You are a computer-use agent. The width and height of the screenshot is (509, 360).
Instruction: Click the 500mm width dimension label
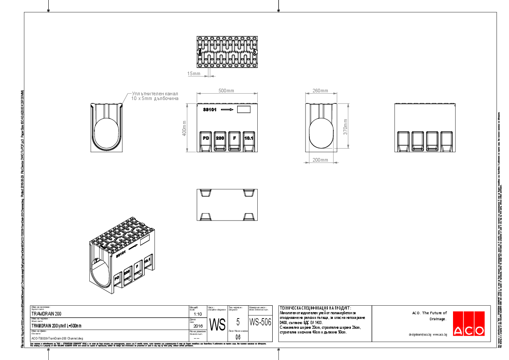tap(227, 91)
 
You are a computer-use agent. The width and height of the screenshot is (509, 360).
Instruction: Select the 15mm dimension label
tap(194, 74)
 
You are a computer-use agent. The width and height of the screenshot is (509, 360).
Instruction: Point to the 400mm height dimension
tap(185, 128)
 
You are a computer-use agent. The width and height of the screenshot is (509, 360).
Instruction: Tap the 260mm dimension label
tap(320, 91)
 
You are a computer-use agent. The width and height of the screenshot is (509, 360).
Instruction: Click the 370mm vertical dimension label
tap(346, 127)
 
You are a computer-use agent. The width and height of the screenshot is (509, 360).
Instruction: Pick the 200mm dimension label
tap(320, 160)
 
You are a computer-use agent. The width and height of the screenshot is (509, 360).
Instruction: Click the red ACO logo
tap(468, 324)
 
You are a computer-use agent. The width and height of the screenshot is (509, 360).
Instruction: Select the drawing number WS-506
tap(260, 322)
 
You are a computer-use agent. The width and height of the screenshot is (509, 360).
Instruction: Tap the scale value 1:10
tap(197, 313)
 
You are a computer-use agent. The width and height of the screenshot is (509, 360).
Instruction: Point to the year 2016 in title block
tap(197, 325)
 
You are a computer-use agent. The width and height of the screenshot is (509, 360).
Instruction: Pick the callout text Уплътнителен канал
tap(154, 94)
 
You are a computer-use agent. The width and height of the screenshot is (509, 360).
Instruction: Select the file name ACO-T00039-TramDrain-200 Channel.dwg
tap(57, 338)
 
